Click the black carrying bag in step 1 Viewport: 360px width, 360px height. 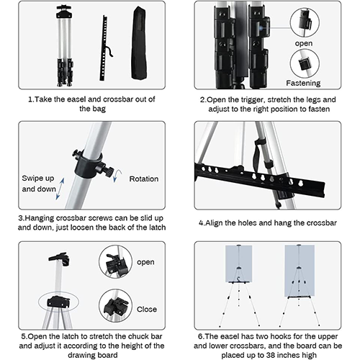tap(139, 43)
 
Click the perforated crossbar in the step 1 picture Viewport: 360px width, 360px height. tap(104, 48)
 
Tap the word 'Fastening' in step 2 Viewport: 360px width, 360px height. tap(303, 83)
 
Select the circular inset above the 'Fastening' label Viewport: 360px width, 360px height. tap(305, 63)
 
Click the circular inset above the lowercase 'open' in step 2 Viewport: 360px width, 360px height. tap(305, 22)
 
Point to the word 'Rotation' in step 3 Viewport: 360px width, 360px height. tap(144, 179)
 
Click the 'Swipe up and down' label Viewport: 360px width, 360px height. tap(39, 184)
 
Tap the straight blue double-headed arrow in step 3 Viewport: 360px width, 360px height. tap(60, 189)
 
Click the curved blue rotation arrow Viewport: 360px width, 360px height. tap(117, 176)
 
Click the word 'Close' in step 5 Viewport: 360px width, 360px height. tap(147, 310)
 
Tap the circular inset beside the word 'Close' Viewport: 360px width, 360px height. tap(115, 306)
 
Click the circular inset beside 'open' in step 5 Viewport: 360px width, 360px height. tap(115, 261)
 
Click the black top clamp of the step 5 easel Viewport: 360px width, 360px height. tap(60, 258)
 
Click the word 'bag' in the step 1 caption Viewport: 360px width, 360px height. tap(99, 109)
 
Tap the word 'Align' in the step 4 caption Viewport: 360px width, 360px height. tap(214, 223)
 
